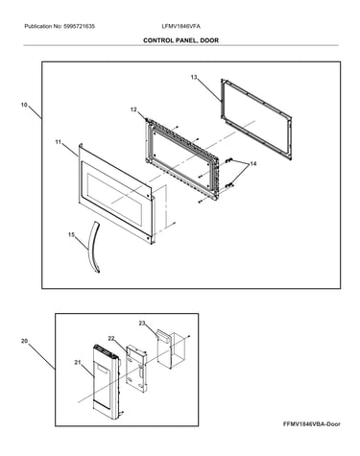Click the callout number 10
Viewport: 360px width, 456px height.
click(x=24, y=105)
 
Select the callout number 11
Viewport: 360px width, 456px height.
click(x=58, y=142)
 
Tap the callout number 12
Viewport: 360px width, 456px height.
click(x=133, y=109)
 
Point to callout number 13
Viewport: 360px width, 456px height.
click(x=194, y=77)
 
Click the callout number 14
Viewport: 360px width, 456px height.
click(x=253, y=163)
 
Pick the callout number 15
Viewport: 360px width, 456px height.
click(x=71, y=235)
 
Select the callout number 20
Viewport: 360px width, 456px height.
click(x=24, y=341)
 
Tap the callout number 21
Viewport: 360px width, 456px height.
click(x=78, y=362)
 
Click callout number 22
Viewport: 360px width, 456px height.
click(x=111, y=338)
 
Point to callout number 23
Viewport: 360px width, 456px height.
click(x=142, y=324)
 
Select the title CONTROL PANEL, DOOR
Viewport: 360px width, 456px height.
click(x=180, y=40)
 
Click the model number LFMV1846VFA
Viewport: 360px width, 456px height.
click(x=180, y=27)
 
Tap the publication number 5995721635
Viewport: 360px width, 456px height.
click(x=80, y=27)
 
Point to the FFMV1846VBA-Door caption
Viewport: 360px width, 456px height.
click(x=312, y=424)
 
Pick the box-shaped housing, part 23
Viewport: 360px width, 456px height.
click(x=169, y=349)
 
